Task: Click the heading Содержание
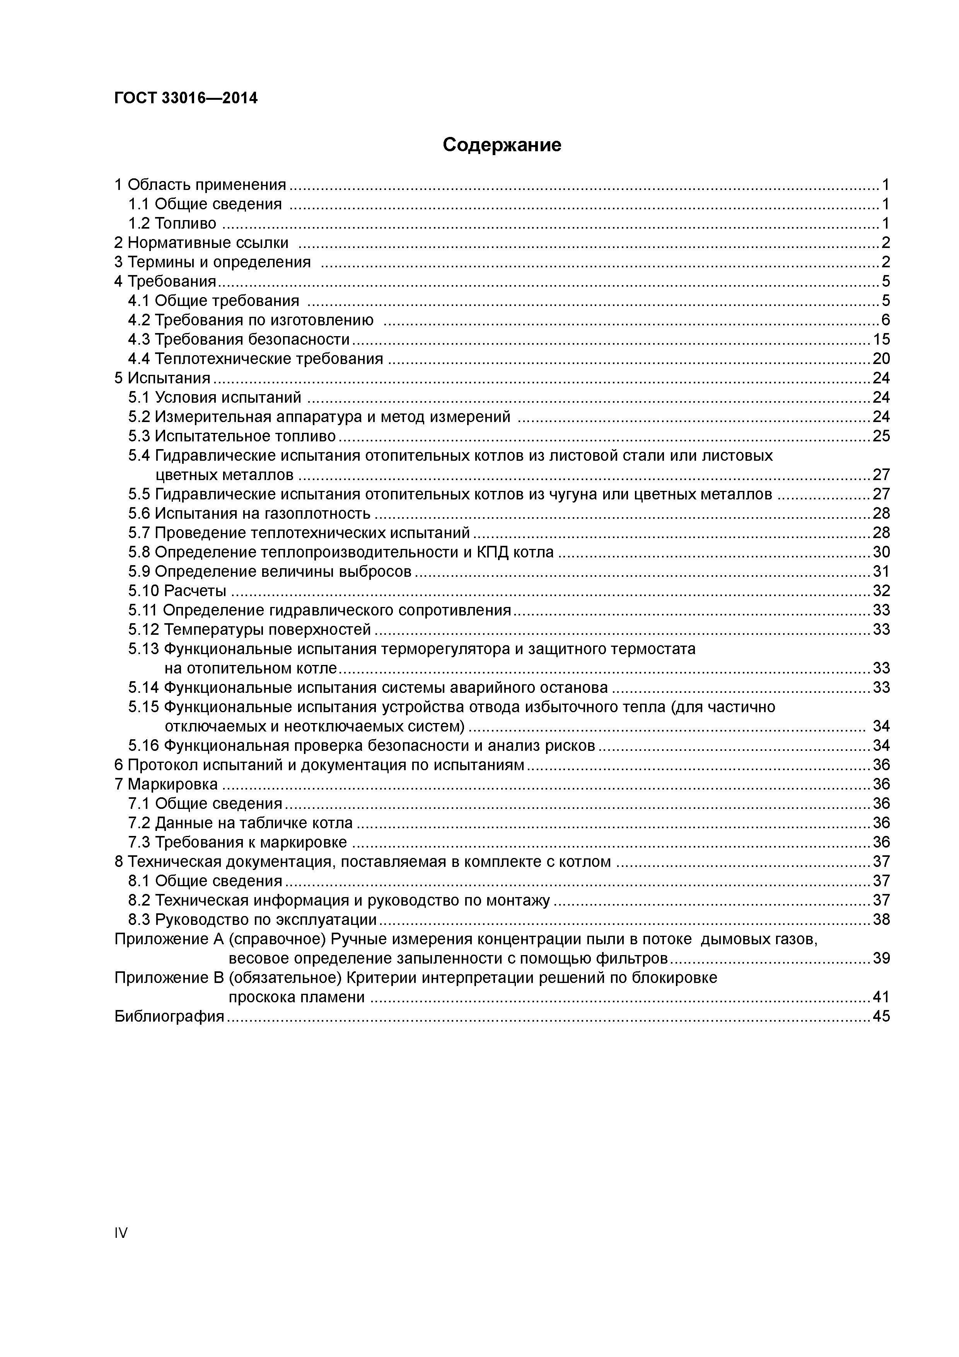(x=502, y=145)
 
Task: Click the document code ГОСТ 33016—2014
(x=186, y=98)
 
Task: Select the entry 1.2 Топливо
(x=172, y=224)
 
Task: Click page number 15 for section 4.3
(x=881, y=339)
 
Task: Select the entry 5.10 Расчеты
(x=177, y=590)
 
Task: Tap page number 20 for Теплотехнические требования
(x=881, y=359)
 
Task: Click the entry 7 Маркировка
(x=166, y=784)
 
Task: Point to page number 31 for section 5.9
(x=881, y=571)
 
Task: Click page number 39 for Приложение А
(x=881, y=958)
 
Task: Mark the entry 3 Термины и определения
(x=213, y=262)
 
